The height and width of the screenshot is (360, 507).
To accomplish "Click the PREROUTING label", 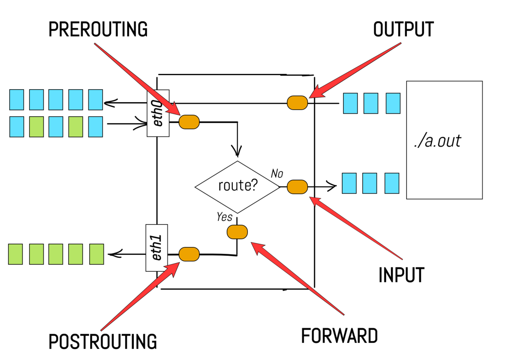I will [98, 29].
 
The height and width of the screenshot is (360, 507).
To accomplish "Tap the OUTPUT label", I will [403, 29].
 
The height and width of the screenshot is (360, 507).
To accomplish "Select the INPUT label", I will [401, 275].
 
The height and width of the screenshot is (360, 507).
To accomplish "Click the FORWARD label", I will [339, 336].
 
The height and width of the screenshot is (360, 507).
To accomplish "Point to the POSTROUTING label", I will [103, 342].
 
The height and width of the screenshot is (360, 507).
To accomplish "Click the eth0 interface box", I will [158, 113].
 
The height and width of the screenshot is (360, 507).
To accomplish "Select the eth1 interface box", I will [157, 248].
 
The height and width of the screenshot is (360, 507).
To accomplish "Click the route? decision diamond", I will [238, 187].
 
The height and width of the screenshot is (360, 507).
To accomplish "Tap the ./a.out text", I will [437, 141].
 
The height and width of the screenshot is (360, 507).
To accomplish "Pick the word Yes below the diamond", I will [224, 216].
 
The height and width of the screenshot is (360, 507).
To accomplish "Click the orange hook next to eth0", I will [189, 122].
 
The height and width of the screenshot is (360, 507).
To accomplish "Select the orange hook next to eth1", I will [189, 254].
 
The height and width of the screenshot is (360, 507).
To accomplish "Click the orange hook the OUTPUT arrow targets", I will [298, 103].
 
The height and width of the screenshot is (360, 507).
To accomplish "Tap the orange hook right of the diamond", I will [298, 187].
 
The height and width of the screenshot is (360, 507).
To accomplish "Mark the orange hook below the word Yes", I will [237, 232].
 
